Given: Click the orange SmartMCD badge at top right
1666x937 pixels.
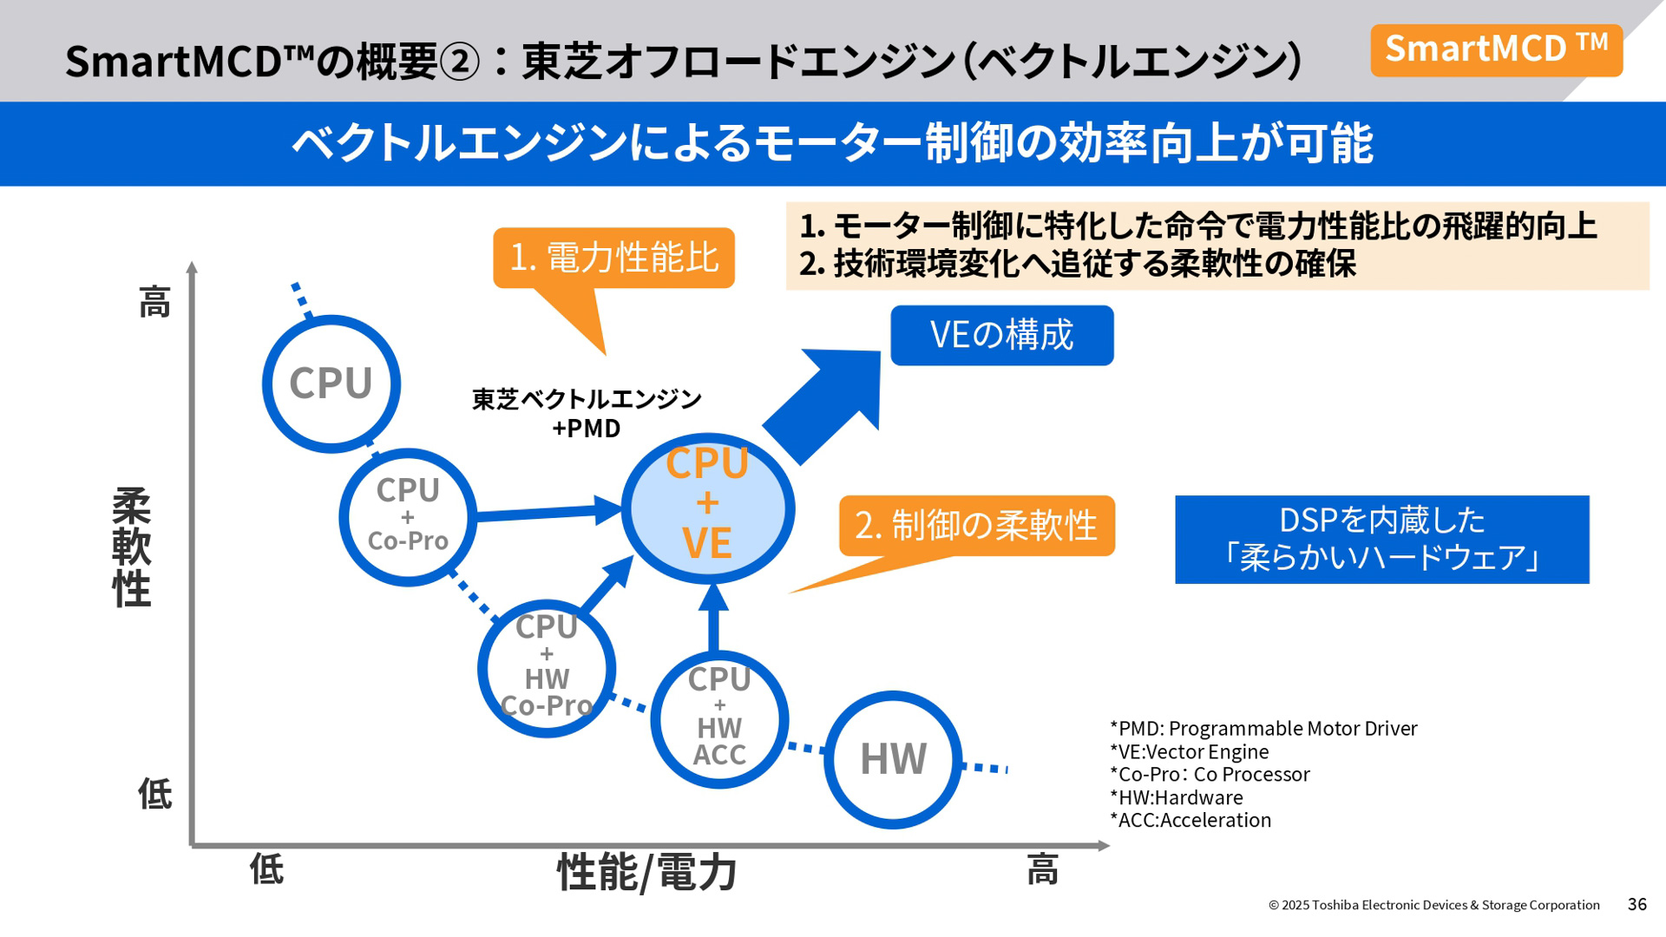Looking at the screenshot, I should [x=1496, y=50].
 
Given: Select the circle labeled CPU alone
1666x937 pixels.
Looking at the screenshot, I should [x=331, y=383].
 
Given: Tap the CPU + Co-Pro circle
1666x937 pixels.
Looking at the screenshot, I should [x=408, y=516].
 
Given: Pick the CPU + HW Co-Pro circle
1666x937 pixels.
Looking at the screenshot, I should [x=547, y=668].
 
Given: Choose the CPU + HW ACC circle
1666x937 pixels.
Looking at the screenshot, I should [x=719, y=718].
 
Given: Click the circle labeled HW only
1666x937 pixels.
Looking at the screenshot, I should [x=893, y=759].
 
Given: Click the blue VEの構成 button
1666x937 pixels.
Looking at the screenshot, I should [x=1001, y=336].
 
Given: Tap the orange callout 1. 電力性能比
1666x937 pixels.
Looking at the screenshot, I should [x=613, y=258].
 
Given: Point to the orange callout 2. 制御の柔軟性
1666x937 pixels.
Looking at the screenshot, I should [x=976, y=526].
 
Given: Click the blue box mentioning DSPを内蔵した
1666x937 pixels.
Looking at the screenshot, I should [x=1381, y=539].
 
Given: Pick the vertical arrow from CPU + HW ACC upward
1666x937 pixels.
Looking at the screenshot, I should [x=713, y=618].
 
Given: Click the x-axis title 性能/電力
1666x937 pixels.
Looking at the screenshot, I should [x=646, y=872].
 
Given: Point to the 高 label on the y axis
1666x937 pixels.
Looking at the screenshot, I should [x=155, y=303].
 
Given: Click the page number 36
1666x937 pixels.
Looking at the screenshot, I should [x=1636, y=904].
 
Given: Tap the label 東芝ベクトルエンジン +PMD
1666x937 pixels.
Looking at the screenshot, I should [x=587, y=413].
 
